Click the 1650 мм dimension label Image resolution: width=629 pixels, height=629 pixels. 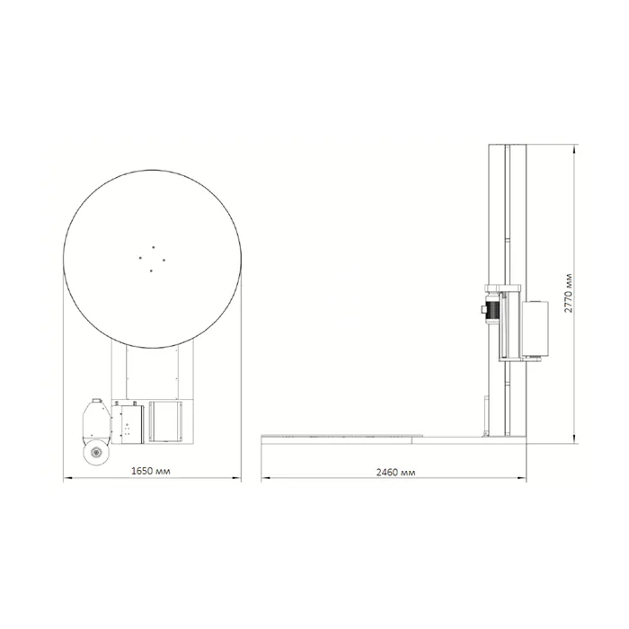(151, 471)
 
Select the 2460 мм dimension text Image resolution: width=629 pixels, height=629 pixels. (395, 472)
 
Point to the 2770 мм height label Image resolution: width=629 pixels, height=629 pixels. (569, 293)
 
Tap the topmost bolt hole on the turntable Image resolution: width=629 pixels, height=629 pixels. (154, 247)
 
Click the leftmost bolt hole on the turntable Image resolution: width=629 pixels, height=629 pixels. (140, 258)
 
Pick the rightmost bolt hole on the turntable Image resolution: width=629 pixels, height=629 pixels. (164, 261)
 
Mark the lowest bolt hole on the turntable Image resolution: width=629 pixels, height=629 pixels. (151, 270)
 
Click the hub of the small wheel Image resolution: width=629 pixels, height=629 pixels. (96, 453)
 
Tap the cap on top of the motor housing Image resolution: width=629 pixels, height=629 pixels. (96, 401)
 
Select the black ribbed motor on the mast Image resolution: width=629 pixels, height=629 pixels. (492, 309)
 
